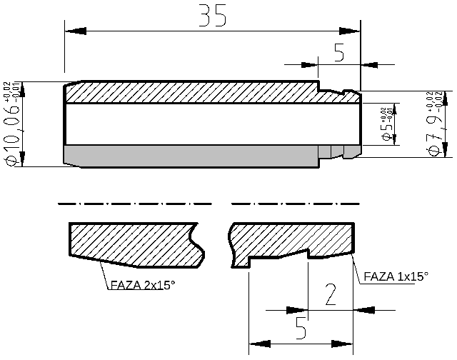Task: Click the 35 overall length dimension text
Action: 212,16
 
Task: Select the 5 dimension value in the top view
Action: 339,51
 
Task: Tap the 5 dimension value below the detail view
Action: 301,329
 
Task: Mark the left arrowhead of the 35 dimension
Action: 75,30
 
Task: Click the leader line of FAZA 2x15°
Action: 106,274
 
